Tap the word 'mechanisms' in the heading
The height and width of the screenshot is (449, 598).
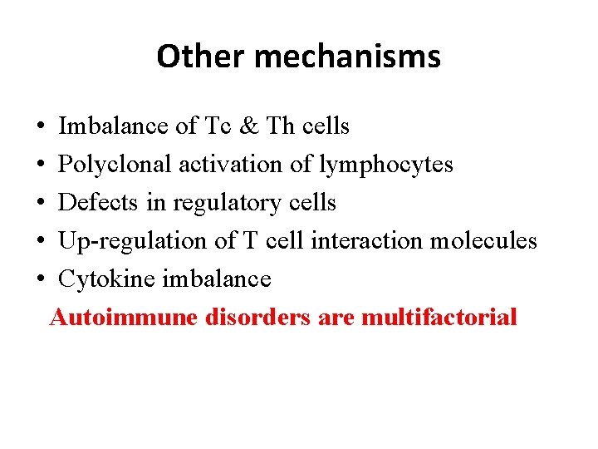pyautogui.click(x=348, y=57)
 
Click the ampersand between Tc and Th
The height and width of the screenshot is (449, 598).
pyautogui.click(x=248, y=126)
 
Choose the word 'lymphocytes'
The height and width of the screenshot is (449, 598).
pyautogui.click(x=385, y=165)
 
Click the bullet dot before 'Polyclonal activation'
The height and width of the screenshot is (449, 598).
pyautogui.click(x=41, y=165)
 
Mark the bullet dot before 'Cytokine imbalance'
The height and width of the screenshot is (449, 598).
pyautogui.click(x=41, y=280)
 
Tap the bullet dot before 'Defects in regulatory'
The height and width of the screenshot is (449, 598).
pyautogui.click(x=41, y=204)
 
